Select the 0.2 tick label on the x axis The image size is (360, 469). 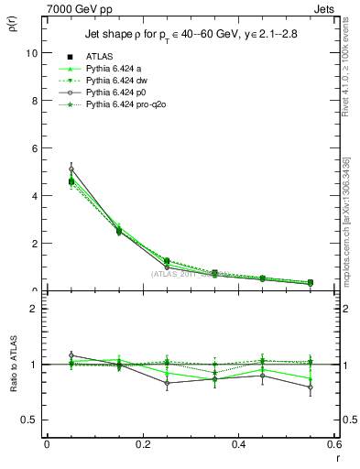tap(142, 444)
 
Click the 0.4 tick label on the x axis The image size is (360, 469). tap(238, 444)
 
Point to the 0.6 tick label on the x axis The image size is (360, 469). tap(333, 444)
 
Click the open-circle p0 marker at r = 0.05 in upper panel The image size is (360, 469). tap(71, 169)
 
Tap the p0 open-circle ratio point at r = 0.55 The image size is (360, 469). tap(311, 387)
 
